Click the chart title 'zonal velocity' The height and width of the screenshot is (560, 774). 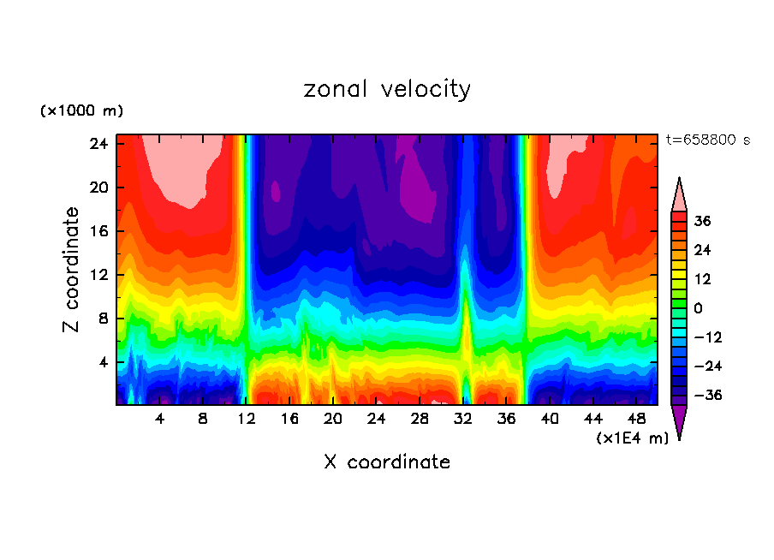click(387, 89)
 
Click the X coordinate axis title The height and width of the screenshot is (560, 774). click(387, 462)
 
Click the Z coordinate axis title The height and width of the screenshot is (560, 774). click(72, 270)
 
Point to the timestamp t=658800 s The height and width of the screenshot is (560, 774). click(707, 140)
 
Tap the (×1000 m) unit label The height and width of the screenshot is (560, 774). click(81, 111)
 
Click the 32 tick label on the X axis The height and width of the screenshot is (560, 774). click(463, 419)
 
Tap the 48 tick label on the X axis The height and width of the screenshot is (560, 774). click(636, 419)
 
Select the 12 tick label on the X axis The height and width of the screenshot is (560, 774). click(247, 419)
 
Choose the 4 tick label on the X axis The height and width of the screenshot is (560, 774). click(160, 419)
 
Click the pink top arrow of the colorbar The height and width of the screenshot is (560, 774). click(679, 196)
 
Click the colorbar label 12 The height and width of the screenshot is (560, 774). click(702, 279)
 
